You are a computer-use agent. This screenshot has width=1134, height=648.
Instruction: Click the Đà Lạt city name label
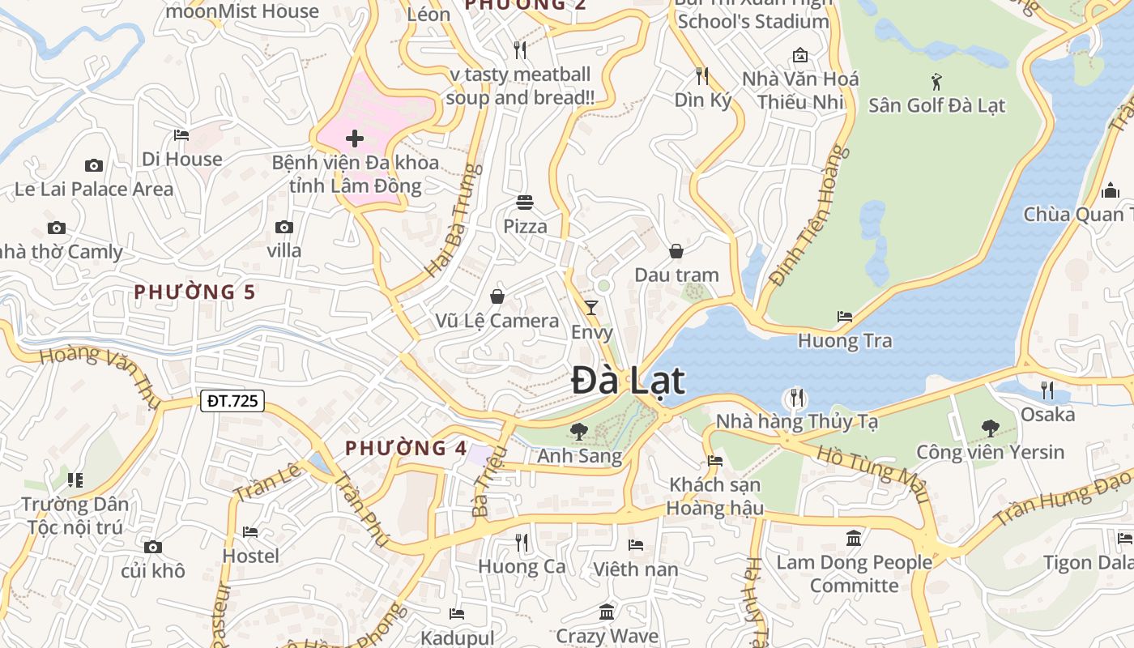(x=628, y=381)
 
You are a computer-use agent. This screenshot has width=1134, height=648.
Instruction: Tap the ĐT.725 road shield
(x=232, y=400)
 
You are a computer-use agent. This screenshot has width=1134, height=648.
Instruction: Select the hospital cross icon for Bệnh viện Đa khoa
(x=355, y=139)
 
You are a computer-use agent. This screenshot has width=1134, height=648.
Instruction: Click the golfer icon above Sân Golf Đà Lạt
(x=937, y=81)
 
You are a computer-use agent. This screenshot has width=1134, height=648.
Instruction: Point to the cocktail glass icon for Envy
(x=591, y=308)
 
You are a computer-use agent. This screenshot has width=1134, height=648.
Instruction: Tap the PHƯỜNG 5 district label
(x=194, y=292)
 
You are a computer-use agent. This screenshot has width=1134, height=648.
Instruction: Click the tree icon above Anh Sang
(x=578, y=431)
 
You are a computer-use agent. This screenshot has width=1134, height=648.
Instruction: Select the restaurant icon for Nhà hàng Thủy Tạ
(x=797, y=398)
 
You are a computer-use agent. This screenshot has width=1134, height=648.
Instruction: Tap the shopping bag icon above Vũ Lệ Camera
(x=497, y=296)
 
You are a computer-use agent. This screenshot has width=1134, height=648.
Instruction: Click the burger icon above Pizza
(x=525, y=202)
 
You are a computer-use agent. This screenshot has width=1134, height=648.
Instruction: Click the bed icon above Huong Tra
(x=845, y=317)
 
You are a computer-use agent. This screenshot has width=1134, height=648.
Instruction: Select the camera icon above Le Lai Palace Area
(x=94, y=165)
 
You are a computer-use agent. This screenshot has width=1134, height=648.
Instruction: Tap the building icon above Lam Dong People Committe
(x=854, y=538)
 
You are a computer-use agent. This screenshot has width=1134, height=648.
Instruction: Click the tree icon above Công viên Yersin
(x=990, y=428)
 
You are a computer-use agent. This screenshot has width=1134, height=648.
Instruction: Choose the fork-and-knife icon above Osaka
(x=1047, y=390)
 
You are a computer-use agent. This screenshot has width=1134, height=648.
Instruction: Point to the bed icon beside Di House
(x=181, y=134)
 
